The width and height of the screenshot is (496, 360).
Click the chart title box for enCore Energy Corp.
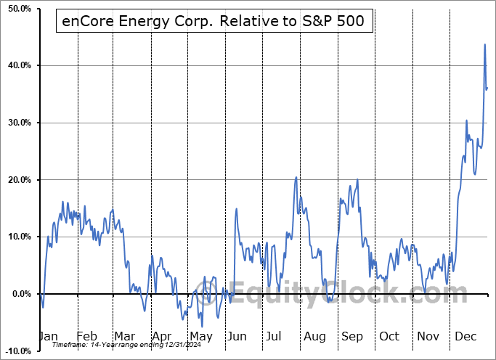coord(214,23)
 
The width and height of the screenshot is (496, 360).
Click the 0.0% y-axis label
coord(20,294)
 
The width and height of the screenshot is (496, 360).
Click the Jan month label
coord(47,337)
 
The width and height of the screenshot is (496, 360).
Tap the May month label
coord(201,337)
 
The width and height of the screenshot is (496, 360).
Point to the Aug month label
coord(315,337)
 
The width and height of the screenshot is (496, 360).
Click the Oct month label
coord(389,337)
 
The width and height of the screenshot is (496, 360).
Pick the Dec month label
coord(465,337)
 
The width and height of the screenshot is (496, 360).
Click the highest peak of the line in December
coord(485,44)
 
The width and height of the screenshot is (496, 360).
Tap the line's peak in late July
coord(296,177)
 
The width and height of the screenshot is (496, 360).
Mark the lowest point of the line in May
coord(203,326)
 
